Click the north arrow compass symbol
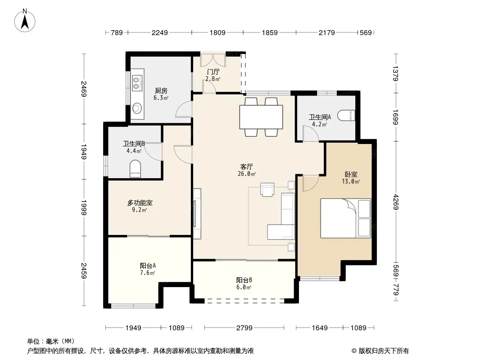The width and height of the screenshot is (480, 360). pos(25,21)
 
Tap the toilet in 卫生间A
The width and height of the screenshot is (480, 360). pos(346,115)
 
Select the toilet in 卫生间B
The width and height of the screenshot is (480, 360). pos(135,169)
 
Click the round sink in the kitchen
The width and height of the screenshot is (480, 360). pos(137,108)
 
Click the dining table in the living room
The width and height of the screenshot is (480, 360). pos(261,117)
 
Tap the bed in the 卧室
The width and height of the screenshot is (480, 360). pos(346,218)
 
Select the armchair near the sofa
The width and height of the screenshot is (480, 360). pos(267,189)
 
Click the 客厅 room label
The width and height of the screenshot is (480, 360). pos(246,166)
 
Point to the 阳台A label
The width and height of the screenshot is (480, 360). pos(148,265)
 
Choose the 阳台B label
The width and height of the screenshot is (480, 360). pos(244,280)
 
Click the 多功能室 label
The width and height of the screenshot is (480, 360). pos(140,202)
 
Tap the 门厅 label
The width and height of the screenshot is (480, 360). pos(213,72)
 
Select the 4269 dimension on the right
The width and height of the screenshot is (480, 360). pos(397,202)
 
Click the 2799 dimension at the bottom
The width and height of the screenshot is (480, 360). pos(245,328)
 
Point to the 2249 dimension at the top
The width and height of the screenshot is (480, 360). pos(160,32)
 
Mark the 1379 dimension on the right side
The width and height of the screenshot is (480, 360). pos(396,73)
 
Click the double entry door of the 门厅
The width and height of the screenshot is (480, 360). pos(213,60)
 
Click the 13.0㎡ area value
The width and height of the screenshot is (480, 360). pos(351,181)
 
